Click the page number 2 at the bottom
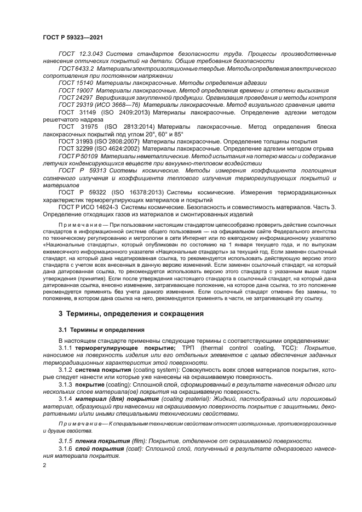point(44,465)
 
